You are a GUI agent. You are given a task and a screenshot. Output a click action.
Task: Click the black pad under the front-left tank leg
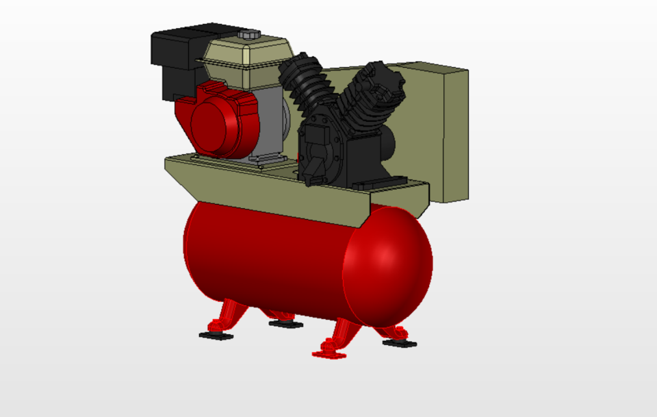216,336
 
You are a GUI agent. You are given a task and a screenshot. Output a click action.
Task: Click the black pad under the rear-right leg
399,342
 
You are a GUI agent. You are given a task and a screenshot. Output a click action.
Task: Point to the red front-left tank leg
226,319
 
